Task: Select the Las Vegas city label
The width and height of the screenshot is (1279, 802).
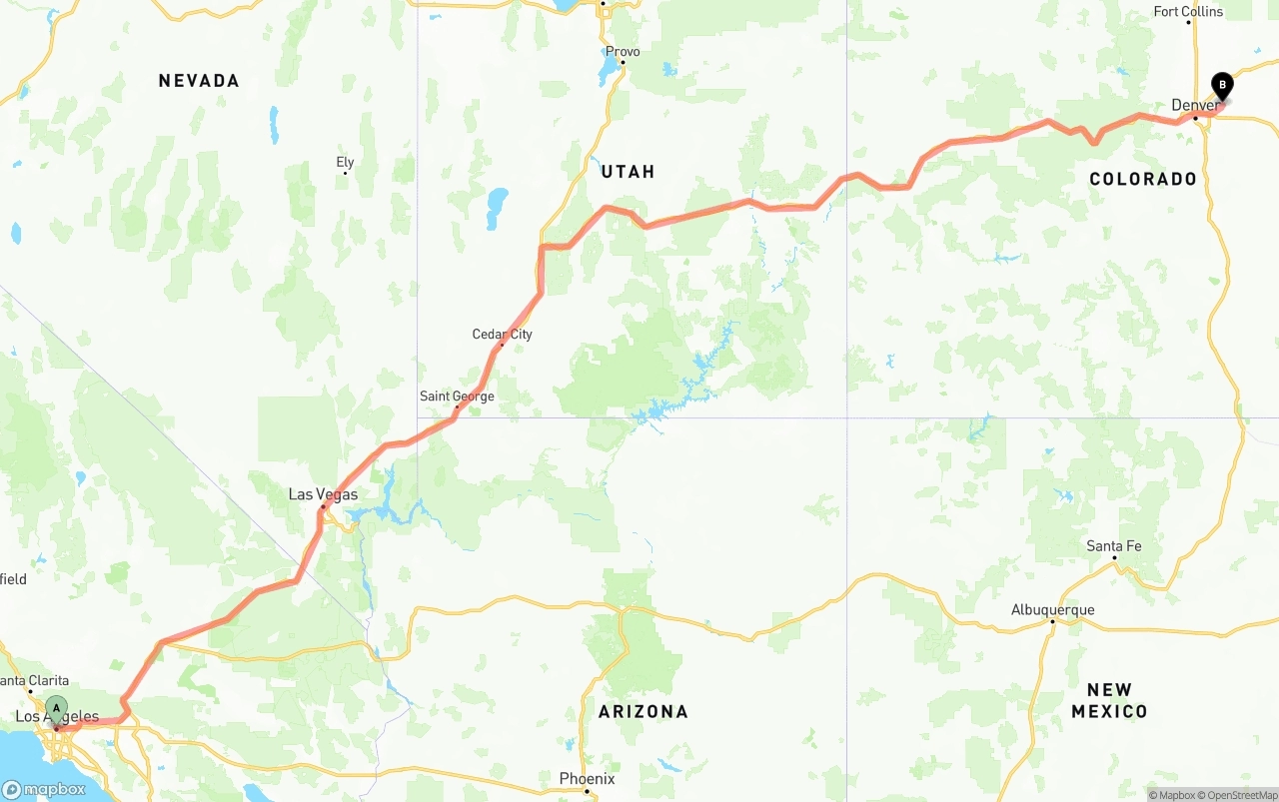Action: [323, 494]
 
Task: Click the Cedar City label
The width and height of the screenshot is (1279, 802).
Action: [502, 334]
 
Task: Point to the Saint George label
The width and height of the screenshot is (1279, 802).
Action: [457, 397]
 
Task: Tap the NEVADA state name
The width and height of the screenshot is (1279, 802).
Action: [199, 81]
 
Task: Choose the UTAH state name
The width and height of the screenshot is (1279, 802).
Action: [628, 172]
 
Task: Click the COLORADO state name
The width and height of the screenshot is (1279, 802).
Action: [1143, 179]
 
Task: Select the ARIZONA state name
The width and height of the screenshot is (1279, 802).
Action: [643, 711]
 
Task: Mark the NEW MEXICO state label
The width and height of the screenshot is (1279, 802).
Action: [1109, 700]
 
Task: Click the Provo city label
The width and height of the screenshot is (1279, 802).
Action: [623, 51]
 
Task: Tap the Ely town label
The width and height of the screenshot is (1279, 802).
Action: [345, 162]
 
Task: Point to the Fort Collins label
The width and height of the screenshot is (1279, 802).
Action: [1188, 12]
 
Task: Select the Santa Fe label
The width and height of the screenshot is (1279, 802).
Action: [1114, 546]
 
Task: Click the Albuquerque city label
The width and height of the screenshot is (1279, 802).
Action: [1052, 609]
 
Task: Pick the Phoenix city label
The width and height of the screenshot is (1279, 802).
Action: [587, 778]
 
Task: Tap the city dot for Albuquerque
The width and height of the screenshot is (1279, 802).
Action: [1052, 621]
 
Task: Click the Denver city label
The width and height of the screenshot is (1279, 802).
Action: [1195, 105]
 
